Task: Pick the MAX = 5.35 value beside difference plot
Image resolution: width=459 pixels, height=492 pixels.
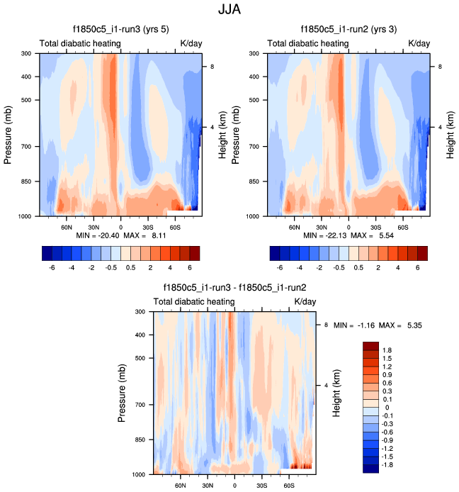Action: pos(403,325)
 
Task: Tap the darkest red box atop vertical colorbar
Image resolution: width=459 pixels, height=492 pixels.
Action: pos(372,345)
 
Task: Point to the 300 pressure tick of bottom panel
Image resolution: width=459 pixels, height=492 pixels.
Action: pos(140,311)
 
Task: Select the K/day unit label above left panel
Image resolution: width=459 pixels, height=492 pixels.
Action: pos(191,44)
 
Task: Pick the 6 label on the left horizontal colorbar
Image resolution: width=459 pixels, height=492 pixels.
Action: pos(189,269)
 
